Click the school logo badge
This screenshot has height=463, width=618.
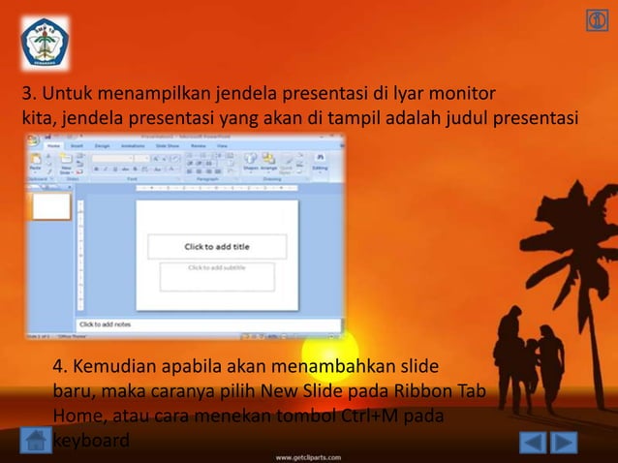click(x=45, y=43)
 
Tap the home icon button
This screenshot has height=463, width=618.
click(x=36, y=441)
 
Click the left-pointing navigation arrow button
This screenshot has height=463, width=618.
click(x=533, y=443)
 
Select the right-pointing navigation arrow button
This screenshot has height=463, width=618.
click(x=565, y=443)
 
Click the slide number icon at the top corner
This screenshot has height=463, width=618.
click(x=597, y=21)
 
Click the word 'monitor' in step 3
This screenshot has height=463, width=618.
click(x=463, y=95)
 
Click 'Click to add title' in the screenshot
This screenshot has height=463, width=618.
click(x=217, y=247)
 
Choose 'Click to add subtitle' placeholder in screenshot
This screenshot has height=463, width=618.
click(x=217, y=268)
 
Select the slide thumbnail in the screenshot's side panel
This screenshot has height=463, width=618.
click(x=51, y=206)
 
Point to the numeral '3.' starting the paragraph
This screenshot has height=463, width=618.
click(x=29, y=95)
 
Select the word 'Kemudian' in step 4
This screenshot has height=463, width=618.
click(x=113, y=368)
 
